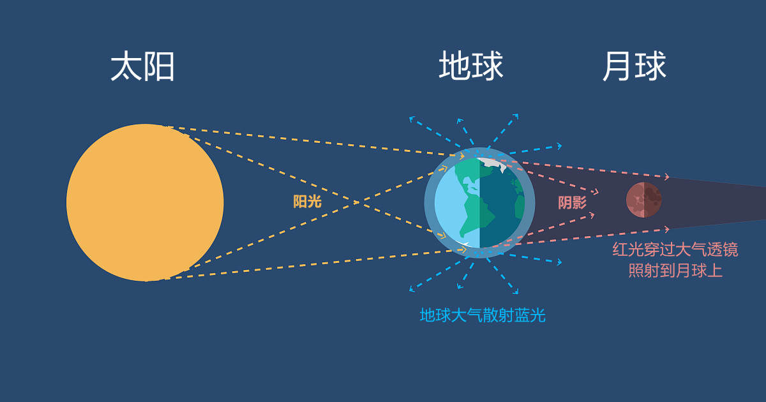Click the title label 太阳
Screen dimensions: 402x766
click(x=143, y=66)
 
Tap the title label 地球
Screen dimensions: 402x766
click(x=471, y=66)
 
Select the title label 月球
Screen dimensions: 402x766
click(x=635, y=66)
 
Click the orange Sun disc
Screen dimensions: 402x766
click(x=145, y=202)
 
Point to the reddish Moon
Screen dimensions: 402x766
click(x=643, y=200)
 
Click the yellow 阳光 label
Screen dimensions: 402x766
click(x=307, y=202)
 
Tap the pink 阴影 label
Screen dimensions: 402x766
click(x=572, y=203)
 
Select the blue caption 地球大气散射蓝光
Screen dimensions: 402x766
click(x=483, y=315)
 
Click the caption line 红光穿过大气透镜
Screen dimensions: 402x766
click(x=675, y=249)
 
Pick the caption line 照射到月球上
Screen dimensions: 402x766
click(x=675, y=271)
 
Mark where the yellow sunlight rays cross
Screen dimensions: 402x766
click(x=356, y=202)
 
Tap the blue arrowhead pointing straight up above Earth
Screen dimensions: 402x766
click(x=458, y=119)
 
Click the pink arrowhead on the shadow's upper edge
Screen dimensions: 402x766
click(x=666, y=177)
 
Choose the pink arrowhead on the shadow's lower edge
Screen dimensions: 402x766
click(x=666, y=228)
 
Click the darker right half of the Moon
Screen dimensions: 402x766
click(x=652, y=200)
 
